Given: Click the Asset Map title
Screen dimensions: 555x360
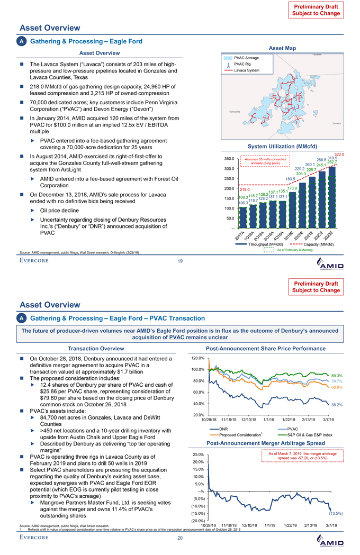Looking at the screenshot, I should tap(282, 47).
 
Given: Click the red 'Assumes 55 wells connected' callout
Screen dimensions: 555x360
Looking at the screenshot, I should tap(264, 160).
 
